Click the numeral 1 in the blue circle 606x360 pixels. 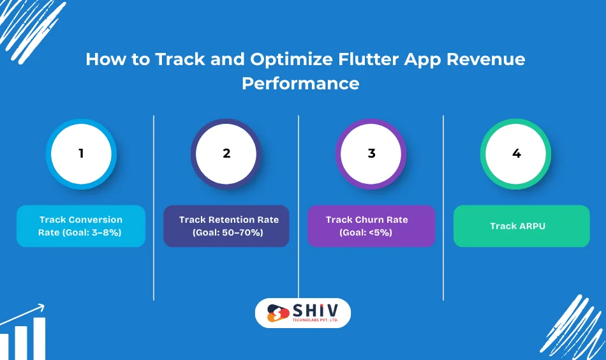(81, 154)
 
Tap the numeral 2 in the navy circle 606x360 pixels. (226, 154)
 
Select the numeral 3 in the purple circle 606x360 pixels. (371, 154)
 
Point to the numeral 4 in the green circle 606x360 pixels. (516, 154)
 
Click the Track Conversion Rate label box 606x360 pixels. (81, 226)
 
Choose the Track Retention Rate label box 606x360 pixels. (226, 226)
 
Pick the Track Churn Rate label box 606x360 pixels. (371, 226)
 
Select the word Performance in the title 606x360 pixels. (300, 84)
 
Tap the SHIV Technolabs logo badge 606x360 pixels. (303, 313)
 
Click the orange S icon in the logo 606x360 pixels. (277, 313)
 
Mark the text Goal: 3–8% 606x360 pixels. (81, 232)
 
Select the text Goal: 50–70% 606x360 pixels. (228, 232)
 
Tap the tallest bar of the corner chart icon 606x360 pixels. (40, 338)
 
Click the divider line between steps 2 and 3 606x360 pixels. (299, 207)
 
